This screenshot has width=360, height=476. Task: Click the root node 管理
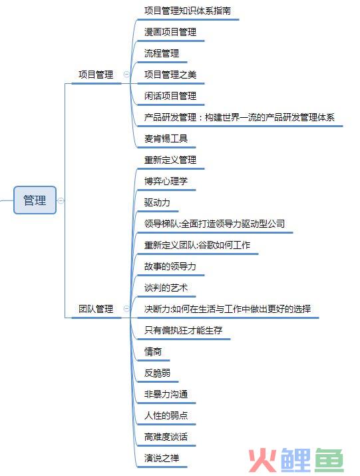[x=35, y=200]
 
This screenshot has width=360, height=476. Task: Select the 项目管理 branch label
[x=96, y=75]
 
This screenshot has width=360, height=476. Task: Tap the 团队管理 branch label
[x=96, y=309]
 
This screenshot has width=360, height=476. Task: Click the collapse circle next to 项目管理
[x=126, y=75]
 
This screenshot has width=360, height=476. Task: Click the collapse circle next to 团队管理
[x=126, y=309]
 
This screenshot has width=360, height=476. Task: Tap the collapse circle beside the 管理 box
[x=61, y=200]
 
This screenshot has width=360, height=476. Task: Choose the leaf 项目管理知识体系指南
[x=188, y=11]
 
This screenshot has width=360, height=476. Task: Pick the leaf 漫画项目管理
[x=170, y=32]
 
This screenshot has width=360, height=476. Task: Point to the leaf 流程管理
[x=162, y=53]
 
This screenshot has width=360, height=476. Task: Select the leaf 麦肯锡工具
[x=166, y=138]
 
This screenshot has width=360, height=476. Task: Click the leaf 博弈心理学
[x=166, y=181]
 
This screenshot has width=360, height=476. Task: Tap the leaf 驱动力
[x=157, y=202]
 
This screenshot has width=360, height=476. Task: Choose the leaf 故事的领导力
[x=170, y=266]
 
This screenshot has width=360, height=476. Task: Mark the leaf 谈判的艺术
[x=166, y=288]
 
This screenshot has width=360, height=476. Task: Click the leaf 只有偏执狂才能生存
[x=184, y=330]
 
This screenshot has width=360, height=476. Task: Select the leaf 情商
[x=153, y=352]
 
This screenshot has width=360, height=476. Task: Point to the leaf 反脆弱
[x=157, y=373]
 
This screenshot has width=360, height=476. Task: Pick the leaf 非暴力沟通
[x=166, y=394]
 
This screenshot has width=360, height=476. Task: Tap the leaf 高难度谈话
[x=166, y=437]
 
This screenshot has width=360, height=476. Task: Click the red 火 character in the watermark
[x=263, y=460]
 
